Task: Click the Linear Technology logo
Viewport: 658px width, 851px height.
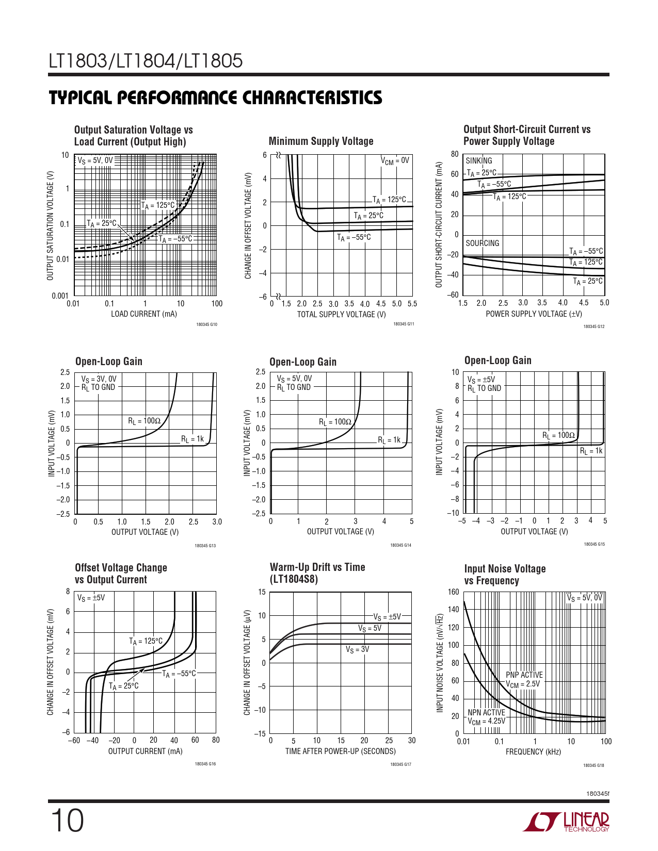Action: point(566,822)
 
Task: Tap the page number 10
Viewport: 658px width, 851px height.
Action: point(67,821)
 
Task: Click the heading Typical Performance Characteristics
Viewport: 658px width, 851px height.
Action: point(215,98)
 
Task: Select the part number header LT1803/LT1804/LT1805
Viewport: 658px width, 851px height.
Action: point(146,61)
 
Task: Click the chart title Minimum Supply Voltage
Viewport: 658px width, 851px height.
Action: point(321,141)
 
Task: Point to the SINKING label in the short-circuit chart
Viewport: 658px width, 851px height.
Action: point(479,161)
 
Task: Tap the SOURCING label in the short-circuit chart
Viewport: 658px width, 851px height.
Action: point(483,243)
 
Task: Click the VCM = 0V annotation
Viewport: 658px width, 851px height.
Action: point(395,161)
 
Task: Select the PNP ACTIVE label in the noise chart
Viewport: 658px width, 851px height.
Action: point(524,675)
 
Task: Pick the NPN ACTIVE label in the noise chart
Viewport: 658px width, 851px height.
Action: point(486,712)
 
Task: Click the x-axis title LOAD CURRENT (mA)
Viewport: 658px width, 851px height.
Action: point(144,314)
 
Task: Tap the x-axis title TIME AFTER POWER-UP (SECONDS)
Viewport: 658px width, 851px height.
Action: point(341,751)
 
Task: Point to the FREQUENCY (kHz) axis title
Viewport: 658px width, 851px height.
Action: point(533,752)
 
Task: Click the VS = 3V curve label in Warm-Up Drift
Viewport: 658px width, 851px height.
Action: point(357,649)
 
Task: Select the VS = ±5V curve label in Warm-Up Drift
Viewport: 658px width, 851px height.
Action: point(387,617)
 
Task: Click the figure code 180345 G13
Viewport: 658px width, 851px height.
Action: point(205,546)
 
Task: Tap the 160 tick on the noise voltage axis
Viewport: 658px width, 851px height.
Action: point(453,592)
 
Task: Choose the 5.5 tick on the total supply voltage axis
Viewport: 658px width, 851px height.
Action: point(412,304)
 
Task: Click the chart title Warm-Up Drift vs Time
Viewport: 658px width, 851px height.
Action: point(317,567)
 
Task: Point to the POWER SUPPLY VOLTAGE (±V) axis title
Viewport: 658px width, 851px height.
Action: point(534,314)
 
